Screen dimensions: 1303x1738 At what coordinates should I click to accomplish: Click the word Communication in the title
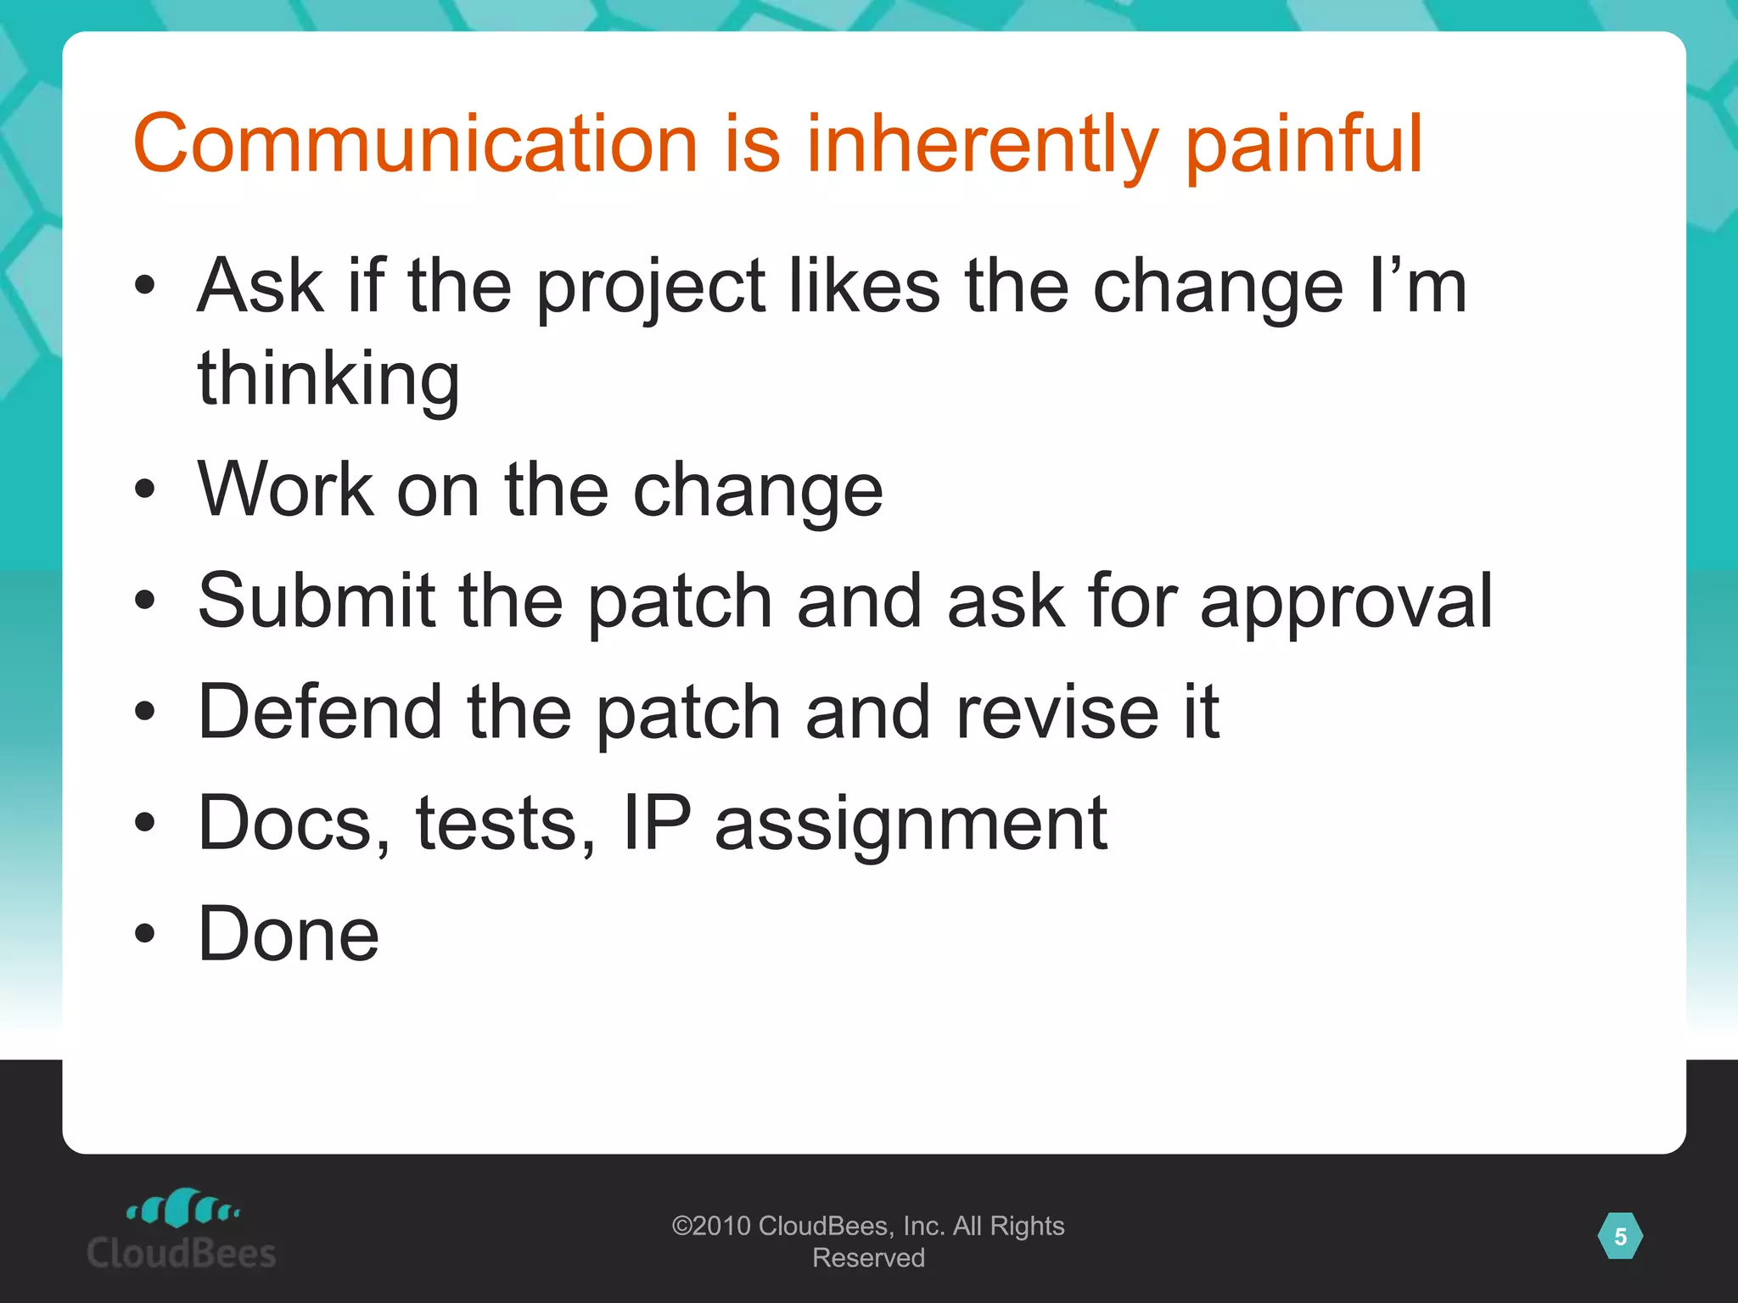[x=415, y=144]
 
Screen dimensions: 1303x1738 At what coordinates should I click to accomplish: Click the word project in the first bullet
[x=651, y=288]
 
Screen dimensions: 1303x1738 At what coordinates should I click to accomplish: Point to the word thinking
[x=328, y=379]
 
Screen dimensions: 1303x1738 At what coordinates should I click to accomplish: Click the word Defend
[x=320, y=712]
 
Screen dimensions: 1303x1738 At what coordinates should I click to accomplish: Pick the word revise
[x=1057, y=712]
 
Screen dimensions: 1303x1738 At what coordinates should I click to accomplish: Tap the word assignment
[x=911, y=825]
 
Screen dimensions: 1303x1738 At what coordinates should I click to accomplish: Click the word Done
[x=288, y=934]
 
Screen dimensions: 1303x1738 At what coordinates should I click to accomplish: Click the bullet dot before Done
[x=145, y=934]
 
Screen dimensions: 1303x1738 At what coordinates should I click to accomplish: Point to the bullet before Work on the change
[x=145, y=489]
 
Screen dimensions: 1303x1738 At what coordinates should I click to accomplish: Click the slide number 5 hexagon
[x=1620, y=1237]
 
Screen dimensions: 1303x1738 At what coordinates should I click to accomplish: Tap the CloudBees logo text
[x=182, y=1254]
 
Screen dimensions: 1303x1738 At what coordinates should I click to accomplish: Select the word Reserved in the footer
[x=868, y=1258]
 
